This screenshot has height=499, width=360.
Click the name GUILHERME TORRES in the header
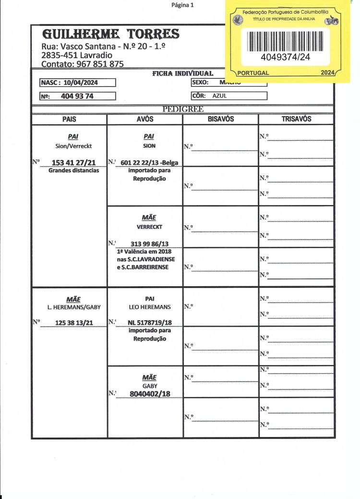(111, 34)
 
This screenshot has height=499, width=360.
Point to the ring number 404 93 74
(77, 96)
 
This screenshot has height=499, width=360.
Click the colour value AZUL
(219, 96)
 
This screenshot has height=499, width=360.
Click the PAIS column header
(69, 119)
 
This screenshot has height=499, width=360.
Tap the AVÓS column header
(145, 119)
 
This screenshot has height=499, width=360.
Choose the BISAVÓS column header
(220, 119)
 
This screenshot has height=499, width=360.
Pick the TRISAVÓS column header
(296, 119)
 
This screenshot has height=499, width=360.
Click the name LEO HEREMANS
(150, 306)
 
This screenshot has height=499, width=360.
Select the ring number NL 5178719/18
(150, 322)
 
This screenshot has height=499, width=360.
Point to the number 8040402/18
(150, 394)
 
